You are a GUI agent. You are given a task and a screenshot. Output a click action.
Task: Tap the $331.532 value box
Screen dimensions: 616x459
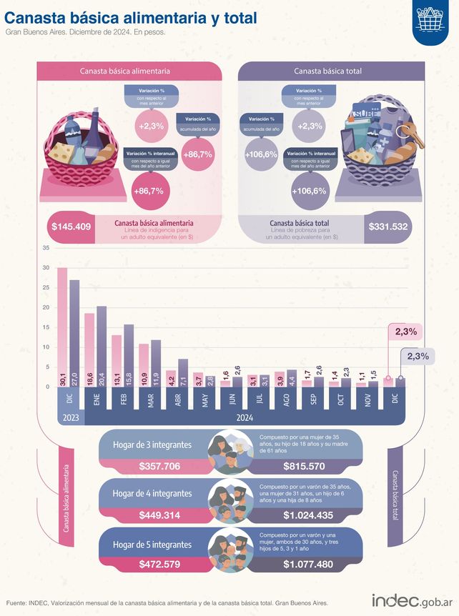point(389,227)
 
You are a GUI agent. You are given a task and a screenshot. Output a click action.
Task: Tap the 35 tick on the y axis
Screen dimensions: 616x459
point(46,248)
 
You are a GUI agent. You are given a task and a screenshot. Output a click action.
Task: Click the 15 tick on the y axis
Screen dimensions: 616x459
point(46,327)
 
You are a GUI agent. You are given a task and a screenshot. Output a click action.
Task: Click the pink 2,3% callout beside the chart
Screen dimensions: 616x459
point(405,332)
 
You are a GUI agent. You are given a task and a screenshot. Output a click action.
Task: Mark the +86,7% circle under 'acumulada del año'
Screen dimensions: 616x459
point(197,154)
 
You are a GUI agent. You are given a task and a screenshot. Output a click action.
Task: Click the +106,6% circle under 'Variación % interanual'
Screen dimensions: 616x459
point(308,191)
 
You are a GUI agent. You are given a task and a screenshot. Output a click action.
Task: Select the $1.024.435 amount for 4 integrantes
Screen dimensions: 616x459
point(308,515)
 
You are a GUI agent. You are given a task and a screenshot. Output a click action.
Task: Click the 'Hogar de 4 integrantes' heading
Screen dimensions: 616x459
point(152,493)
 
